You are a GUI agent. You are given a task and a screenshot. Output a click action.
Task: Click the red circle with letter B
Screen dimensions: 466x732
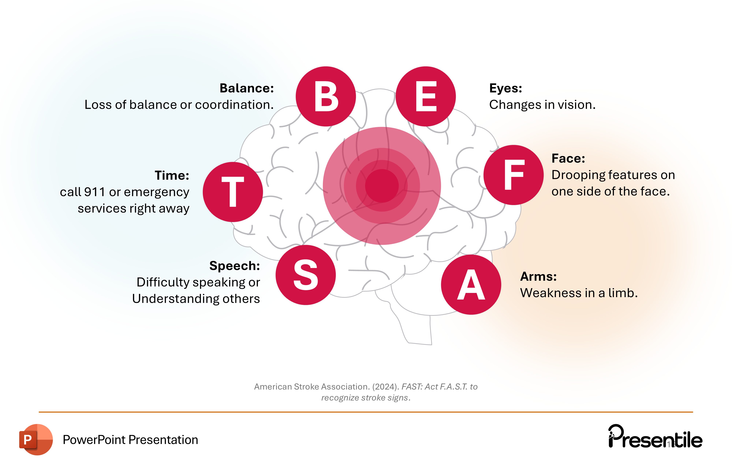(326, 96)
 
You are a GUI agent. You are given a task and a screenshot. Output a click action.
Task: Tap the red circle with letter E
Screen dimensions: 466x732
(426, 96)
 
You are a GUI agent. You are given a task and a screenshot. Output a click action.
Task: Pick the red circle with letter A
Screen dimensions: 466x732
(471, 285)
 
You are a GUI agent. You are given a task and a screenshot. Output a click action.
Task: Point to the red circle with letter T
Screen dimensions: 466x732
(233, 192)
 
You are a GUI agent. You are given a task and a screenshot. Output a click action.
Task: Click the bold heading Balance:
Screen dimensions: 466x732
(247, 88)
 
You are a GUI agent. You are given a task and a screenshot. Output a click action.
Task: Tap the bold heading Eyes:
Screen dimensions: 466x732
(505, 88)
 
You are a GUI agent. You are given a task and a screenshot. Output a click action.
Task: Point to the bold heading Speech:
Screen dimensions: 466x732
(234, 266)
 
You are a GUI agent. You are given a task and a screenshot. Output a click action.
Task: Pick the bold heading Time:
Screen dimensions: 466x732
(172, 175)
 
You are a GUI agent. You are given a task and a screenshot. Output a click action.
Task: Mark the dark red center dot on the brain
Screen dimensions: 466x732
(382, 186)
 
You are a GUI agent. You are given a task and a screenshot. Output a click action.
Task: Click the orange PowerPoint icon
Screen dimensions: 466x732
(36, 439)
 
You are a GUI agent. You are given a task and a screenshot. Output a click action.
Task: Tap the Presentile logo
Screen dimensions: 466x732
(655, 437)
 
